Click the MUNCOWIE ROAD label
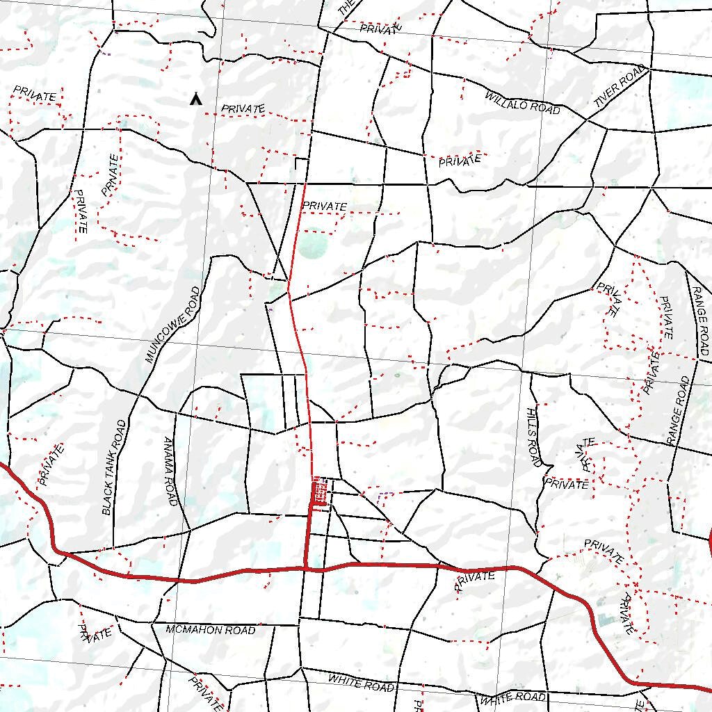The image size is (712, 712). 173,325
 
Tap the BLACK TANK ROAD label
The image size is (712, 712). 114,467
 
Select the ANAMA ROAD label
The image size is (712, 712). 171,471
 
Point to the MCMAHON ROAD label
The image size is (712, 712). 211,630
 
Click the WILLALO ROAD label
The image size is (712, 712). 522,102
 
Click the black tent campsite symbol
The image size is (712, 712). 196,99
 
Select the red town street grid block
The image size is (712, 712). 319,492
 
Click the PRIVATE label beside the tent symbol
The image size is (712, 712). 243,109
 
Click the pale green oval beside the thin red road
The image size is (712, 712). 314,245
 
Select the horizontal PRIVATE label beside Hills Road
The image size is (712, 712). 566,484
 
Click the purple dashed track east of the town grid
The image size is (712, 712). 385,494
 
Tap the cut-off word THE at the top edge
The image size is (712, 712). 346,8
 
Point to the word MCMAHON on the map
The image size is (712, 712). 191,630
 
